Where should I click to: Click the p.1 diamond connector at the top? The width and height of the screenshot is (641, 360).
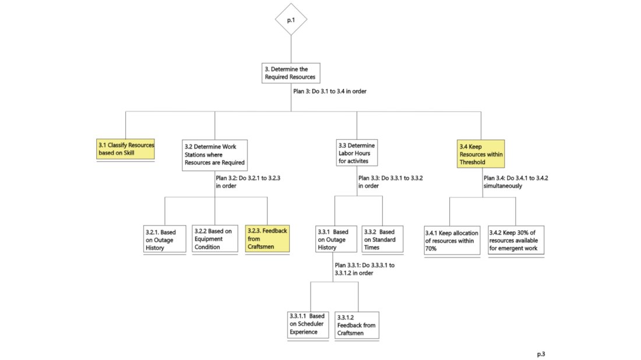pos(291,20)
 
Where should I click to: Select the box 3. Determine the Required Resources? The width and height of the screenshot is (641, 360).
pos(291,73)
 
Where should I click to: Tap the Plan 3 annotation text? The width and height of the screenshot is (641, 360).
pos(330,91)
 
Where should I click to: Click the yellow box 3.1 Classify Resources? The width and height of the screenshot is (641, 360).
pos(126,149)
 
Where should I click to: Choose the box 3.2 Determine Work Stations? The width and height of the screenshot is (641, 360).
pos(214,154)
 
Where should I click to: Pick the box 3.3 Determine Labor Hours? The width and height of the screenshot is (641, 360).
pos(357,153)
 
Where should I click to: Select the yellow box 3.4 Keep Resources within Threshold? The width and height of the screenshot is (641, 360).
pos(481,154)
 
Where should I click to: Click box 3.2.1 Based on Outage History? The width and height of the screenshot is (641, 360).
pos(164,239)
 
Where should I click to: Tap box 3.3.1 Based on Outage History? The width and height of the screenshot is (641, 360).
pos(334,239)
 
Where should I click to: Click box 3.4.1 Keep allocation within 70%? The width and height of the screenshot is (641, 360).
pos(450,240)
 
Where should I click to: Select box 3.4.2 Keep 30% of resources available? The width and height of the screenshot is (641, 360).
pos(515,240)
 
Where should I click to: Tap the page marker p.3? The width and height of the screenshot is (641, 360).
pos(541,354)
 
